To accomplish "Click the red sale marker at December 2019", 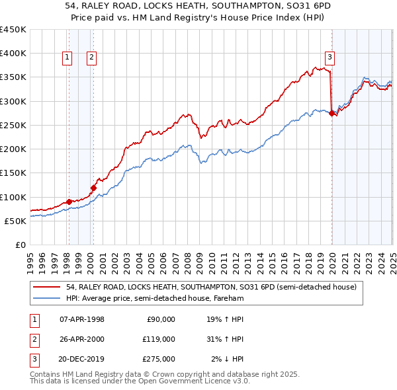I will [x=331, y=113].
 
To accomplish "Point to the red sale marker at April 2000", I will [x=94, y=188].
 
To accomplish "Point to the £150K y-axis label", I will [x=13, y=173].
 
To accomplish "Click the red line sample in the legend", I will [x=48, y=287].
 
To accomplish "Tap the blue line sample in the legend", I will [x=48, y=298].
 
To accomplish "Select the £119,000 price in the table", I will [x=158, y=339].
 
